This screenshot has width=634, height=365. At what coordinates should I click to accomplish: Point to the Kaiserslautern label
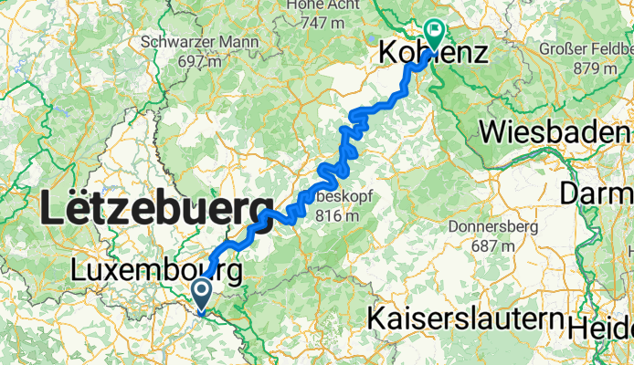464,318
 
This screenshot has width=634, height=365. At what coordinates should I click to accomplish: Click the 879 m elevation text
585,68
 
